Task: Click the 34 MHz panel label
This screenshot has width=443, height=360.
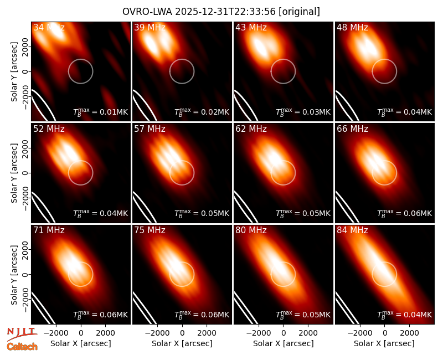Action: click(49, 27)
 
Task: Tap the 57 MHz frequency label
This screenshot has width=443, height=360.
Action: click(150, 129)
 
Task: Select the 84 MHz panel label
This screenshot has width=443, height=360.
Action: click(352, 230)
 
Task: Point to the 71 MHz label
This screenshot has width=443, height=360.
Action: click(49, 230)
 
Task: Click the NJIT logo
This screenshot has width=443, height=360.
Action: click(22, 333)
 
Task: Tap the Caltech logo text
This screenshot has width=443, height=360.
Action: click(22, 347)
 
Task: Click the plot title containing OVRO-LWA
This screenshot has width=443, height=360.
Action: click(221, 12)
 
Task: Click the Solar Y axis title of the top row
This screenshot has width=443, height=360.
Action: click(14, 72)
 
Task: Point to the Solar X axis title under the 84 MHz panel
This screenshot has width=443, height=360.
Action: click(384, 343)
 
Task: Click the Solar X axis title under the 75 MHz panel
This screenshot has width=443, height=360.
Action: click(182, 343)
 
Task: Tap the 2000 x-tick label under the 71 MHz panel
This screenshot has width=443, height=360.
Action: click(105, 333)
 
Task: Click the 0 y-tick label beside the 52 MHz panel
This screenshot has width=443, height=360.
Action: click(25, 173)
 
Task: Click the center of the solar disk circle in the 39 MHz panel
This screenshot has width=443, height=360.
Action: click(182, 71)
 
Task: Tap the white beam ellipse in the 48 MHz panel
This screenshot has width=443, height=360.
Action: click(347, 105)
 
